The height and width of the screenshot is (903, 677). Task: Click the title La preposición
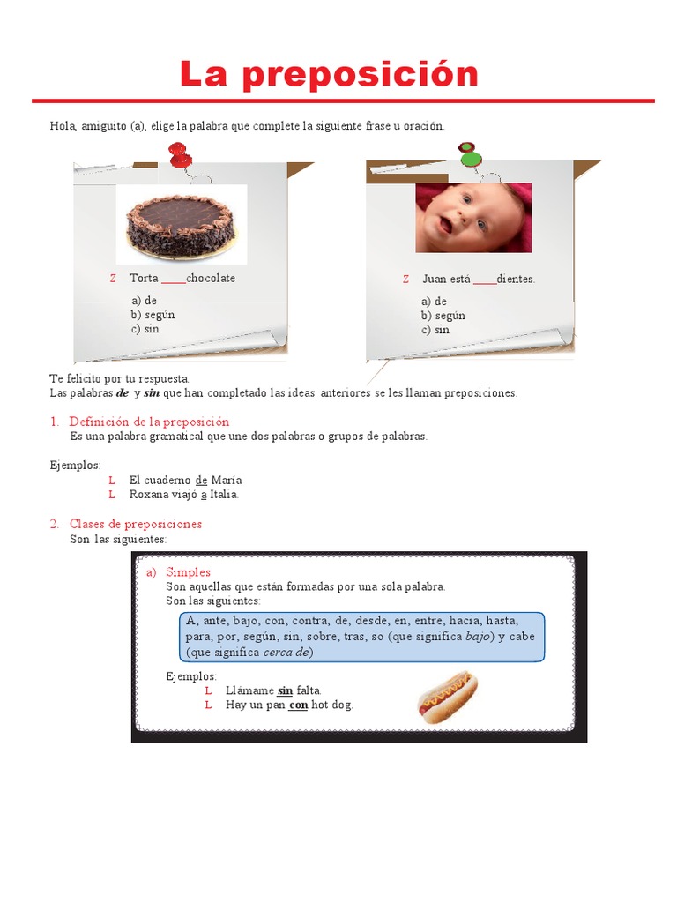pos(329,74)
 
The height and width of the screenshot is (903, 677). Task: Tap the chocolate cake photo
pos(181,224)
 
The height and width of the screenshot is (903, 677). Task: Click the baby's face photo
pos(473,218)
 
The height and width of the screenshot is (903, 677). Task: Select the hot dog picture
pos(447,697)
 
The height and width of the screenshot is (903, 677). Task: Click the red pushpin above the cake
pos(180,156)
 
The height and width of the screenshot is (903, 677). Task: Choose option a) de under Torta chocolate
pos(144,301)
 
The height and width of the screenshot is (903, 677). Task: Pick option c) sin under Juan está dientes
pos(435,330)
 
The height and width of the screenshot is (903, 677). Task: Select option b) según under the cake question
pos(153,315)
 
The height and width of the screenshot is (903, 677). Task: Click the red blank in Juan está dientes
pos(484,280)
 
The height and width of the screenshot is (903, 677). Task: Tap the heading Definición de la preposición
pos(149,422)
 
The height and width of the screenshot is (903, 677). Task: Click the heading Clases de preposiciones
pos(136,524)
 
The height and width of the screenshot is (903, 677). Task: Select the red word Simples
pos(188,572)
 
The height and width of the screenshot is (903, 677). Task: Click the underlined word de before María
pos(201,481)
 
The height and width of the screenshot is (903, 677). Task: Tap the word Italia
pos(223,495)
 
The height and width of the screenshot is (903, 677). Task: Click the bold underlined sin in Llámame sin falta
pos(285,690)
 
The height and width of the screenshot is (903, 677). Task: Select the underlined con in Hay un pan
pos(298,705)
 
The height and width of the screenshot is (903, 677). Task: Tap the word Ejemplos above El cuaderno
pos(75,465)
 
